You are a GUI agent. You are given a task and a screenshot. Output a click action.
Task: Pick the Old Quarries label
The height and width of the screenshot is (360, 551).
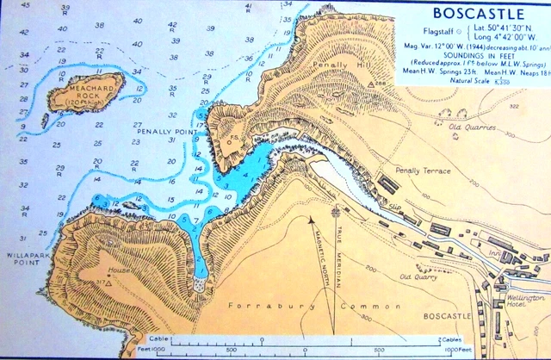(x=474, y=128)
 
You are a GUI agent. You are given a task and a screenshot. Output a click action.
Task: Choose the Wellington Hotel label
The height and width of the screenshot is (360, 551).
(x=526, y=302)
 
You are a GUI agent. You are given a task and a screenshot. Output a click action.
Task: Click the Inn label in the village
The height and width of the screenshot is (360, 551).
(x=493, y=252)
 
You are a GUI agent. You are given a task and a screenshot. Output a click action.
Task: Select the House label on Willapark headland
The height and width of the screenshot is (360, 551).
(x=119, y=270)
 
